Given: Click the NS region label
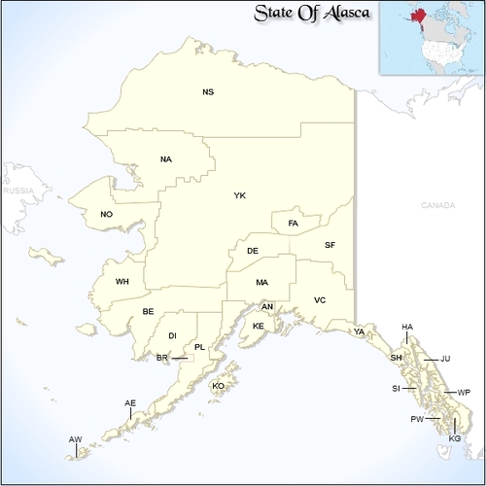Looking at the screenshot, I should pos(208,92).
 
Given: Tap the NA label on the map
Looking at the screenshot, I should pos(166,159).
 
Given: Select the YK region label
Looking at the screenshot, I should pos(240,196).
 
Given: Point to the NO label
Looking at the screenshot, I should pos(107,214).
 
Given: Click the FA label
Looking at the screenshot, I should pos(294,225).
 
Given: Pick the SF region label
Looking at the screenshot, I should pos(330,245).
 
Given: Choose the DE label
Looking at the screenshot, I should pos(253,251).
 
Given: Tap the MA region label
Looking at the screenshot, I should pos(262,282).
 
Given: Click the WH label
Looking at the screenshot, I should pos(122,282).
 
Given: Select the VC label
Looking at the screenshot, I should pos(320,299).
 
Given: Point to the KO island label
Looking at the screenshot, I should pos(219,386).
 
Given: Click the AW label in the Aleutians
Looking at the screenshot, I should pos(75,440).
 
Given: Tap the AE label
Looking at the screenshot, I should pos(130,403).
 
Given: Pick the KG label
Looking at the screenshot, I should pos(455,439).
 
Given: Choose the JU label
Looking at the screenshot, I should pos(445,359).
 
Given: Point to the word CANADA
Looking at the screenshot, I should pos(437,206).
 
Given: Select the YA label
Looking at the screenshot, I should pos(360,331).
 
